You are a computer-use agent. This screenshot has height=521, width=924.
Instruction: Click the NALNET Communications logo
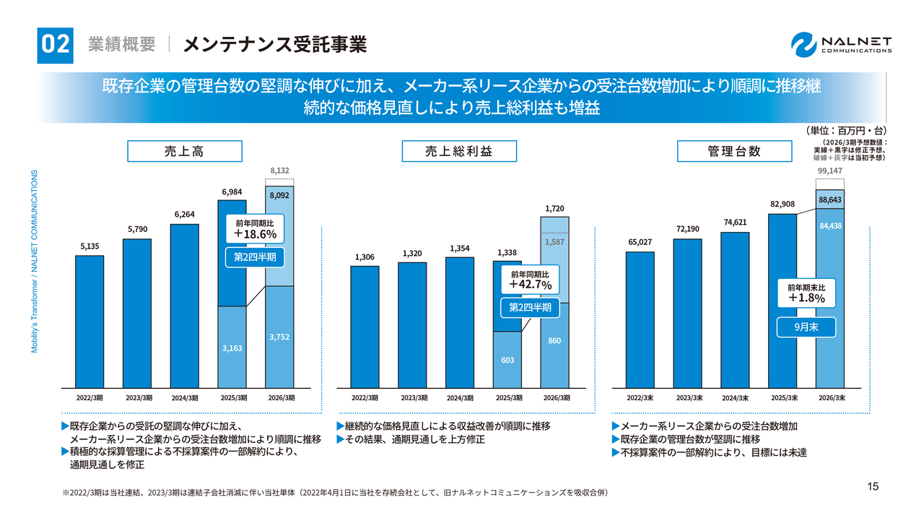point(840,43)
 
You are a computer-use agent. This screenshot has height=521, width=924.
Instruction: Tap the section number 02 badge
point(55,45)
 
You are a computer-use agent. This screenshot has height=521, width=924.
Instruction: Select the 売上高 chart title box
point(184,151)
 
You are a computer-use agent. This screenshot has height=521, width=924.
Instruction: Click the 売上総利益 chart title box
point(459,151)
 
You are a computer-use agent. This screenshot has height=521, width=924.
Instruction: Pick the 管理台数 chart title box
point(734,151)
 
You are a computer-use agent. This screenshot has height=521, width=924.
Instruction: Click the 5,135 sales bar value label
point(90,246)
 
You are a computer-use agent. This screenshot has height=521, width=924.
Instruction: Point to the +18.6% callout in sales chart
point(256,229)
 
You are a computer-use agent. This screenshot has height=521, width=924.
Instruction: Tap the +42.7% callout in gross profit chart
point(530,280)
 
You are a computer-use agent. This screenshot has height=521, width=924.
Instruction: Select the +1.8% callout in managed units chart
point(806,293)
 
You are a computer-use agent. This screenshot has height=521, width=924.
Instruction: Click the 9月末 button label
point(806,327)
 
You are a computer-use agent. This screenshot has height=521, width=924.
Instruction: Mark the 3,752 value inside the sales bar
point(279,336)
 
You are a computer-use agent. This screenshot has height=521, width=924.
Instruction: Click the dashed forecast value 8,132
point(279,171)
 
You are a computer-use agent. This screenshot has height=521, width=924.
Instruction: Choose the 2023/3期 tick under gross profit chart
point(412,398)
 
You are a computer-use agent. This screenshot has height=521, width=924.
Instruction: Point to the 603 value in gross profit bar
point(507,359)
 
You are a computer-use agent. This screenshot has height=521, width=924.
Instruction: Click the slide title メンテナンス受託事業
point(275,45)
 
